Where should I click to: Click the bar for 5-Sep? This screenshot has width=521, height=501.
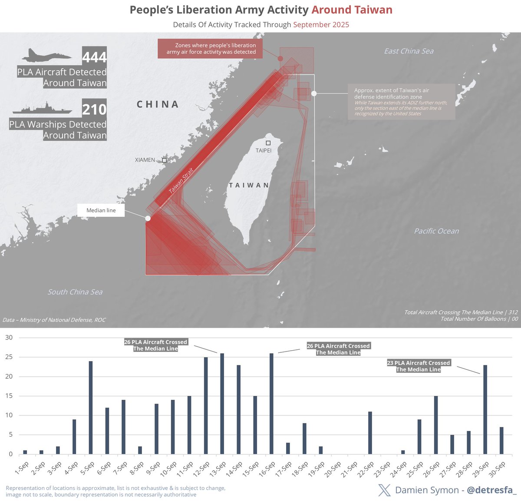coord(91,408)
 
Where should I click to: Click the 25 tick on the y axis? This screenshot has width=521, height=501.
coord(9,357)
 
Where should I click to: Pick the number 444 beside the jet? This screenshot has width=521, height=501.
coord(94,57)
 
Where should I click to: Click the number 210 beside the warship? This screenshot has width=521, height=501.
coord(94,109)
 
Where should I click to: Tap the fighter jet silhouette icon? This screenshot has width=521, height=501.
coord(47,56)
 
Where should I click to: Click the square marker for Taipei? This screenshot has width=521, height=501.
coord(268,143)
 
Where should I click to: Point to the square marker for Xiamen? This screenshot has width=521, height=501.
coord(164,160)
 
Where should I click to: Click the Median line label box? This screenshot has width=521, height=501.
coord(101,210)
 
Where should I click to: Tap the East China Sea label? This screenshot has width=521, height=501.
coord(409,51)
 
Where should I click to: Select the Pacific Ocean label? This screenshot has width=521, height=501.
coord(436,231)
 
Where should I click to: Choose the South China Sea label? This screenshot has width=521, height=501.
coord(75,292)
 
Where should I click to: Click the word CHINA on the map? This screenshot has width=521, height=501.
coord(158,104)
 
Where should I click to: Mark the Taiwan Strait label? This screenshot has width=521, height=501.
coord(181,180)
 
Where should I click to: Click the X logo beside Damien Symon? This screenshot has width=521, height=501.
coord(385,490)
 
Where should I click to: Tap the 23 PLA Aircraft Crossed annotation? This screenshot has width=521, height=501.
coord(419,366)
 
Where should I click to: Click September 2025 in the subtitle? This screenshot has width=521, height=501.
coord(321,25)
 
